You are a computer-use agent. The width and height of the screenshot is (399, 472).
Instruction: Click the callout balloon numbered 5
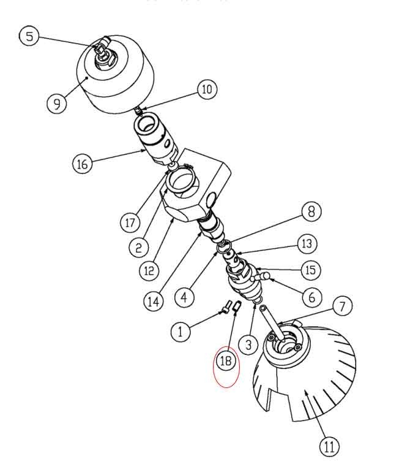29,36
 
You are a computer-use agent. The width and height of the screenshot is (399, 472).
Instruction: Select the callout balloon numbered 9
57,104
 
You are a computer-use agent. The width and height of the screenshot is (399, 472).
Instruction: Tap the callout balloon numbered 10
207,89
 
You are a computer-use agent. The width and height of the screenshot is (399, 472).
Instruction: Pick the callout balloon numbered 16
83,164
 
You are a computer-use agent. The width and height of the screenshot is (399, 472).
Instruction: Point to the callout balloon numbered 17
130,223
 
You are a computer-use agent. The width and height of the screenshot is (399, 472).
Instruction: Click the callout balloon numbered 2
138,248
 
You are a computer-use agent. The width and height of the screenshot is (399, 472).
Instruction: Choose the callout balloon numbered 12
149,270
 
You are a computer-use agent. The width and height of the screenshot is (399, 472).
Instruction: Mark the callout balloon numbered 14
154,301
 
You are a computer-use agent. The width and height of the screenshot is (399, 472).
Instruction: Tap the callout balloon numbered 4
184,297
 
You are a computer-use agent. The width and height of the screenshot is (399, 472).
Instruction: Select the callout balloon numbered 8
311,211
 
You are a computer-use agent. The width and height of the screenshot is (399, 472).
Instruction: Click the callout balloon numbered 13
307,243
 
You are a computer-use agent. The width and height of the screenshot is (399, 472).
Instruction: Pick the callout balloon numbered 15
311,270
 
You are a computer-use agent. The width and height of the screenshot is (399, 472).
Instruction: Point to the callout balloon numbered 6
312,297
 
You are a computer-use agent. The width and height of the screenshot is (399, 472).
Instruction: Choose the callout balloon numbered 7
342,306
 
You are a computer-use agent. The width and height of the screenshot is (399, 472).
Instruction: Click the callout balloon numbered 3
248,344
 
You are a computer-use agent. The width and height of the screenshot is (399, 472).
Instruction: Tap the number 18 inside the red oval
226,360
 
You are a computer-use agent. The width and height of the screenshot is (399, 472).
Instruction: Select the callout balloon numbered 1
181,332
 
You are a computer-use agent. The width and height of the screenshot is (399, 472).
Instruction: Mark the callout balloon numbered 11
329,446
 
